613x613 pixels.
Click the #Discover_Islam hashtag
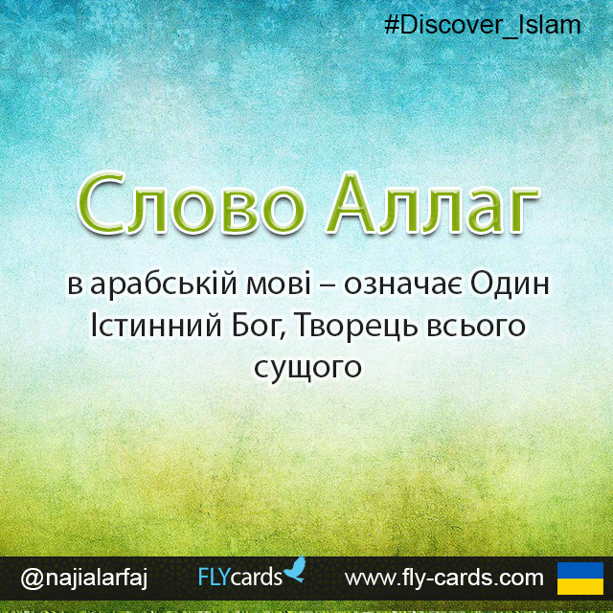click(482, 25)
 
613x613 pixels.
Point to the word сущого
click(307, 368)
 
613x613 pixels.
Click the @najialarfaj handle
click(83, 578)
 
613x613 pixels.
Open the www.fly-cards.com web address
click(443, 578)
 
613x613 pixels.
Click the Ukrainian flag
click(579, 578)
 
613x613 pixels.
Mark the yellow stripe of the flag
click(579, 586)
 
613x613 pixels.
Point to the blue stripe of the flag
click(579, 570)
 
